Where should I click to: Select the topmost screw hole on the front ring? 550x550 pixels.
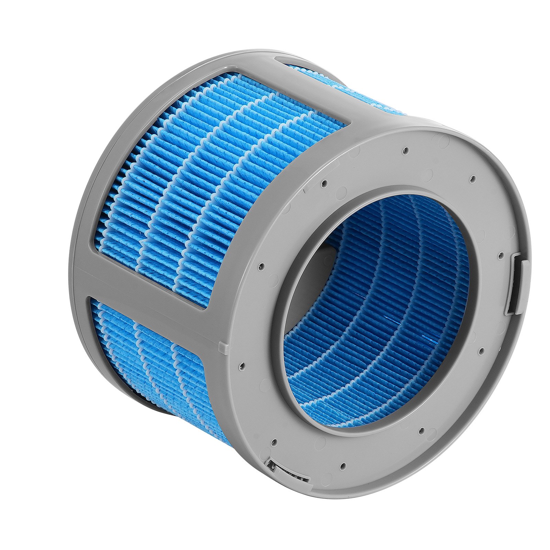coord(406,150)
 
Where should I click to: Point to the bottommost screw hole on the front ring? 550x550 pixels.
coord(343,466)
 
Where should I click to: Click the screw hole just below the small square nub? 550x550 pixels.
coord(242,367)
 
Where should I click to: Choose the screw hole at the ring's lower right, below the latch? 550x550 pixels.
coord(482,350)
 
